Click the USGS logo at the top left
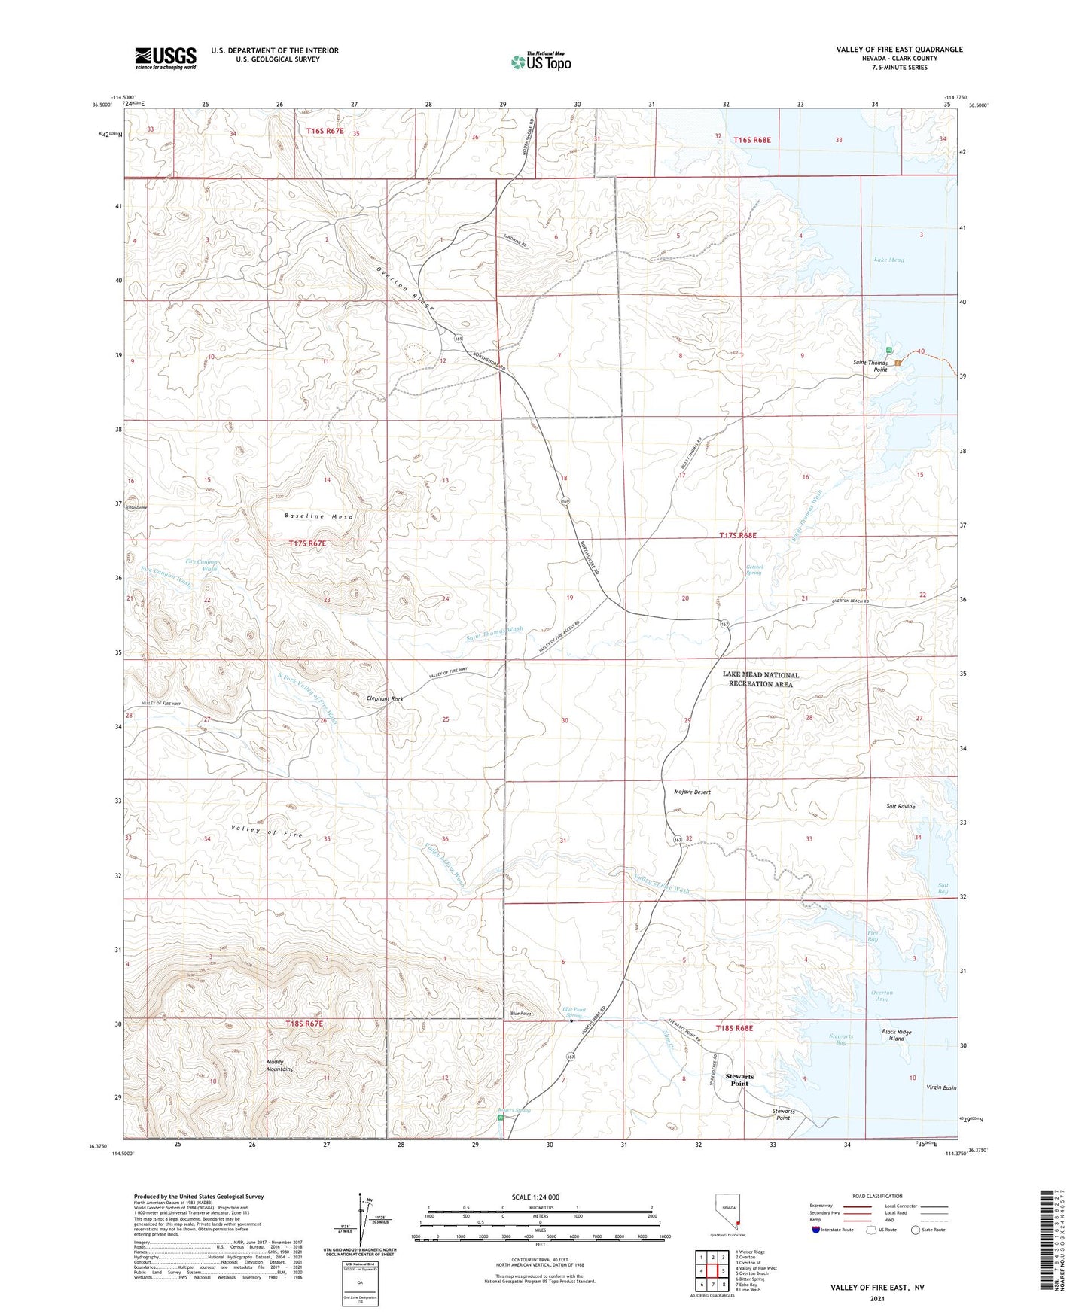coord(166,58)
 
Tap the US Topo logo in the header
coord(541,61)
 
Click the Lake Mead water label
coord(888,260)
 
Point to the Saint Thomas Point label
coord(870,366)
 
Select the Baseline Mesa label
coord(318,516)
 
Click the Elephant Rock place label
coord(385,699)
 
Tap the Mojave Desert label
coord(691,792)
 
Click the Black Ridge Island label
coord(896,1035)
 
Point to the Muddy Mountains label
coord(279,1065)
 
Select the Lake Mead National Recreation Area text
coord(760,679)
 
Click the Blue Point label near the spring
coord(520,1014)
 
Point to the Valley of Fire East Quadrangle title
coord(899,50)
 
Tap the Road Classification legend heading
coord(876,1196)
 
